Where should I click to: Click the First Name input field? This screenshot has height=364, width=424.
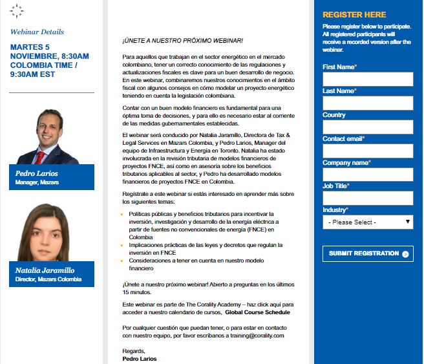tap(367, 79)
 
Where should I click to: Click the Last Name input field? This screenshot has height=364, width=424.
tap(367, 103)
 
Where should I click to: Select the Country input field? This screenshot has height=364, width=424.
tap(367, 127)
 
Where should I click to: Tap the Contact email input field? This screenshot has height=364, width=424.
tap(367, 151)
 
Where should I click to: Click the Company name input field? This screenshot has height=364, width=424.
tap(367, 175)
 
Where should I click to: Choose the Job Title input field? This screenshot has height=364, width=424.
tap(367, 198)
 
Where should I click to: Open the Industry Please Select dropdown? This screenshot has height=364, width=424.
tap(367, 222)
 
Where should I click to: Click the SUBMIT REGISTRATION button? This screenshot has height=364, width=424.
tap(367, 253)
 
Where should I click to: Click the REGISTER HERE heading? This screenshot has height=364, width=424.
tap(354, 15)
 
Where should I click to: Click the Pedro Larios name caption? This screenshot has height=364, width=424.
tap(37, 173)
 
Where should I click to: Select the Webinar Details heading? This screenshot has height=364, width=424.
tap(37, 32)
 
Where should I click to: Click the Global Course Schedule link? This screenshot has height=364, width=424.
tap(257, 312)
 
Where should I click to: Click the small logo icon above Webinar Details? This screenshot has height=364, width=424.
tap(17, 10)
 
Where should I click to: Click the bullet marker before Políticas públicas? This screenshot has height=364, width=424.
tap(123, 213)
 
